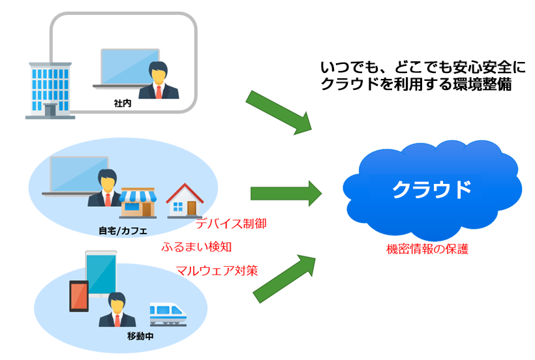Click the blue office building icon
point(50,91)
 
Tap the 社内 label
point(123,103)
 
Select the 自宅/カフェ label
point(123,231)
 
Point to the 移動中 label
point(140,336)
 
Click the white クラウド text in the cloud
point(432,190)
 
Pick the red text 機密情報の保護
point(427,249)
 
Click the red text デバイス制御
point(231,224)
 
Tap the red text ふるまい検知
point(196,247)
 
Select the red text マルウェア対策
point(217,271)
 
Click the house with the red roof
point(185,200)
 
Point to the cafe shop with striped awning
point(138,203)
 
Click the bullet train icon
point(168,314)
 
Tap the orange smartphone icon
point(79,296)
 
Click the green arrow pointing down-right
point(279,112)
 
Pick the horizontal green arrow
point(286,194)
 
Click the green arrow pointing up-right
point(284,278)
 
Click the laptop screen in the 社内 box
point(130,67)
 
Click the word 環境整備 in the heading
point(482,84)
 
